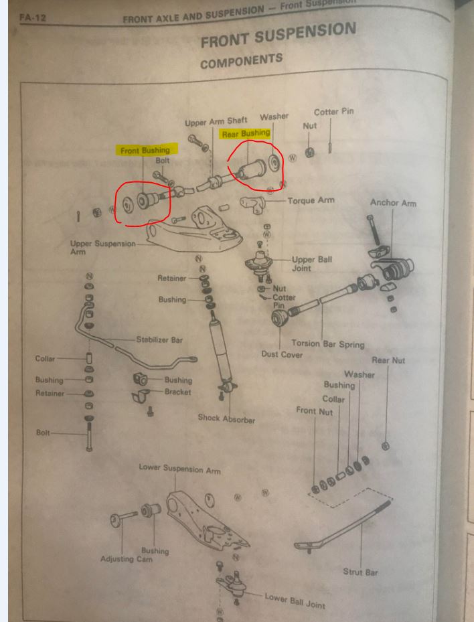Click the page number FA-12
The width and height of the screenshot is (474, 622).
[33, 17]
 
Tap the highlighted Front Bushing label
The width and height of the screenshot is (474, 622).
[145, 151]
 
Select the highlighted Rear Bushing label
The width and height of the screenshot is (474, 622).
[246, 134]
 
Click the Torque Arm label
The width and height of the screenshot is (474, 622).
[311, 201]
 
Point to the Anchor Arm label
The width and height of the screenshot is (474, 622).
[393, 203]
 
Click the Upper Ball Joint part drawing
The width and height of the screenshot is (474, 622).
[258, 263]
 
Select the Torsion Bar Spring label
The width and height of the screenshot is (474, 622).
[327, 343]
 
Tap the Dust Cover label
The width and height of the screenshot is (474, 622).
[282, 354]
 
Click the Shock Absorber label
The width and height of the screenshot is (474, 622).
[226, 418]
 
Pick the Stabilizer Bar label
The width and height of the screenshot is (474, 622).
[159, 339]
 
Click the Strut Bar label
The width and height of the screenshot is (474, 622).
[360, 572]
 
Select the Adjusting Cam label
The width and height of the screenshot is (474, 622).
[126, 559]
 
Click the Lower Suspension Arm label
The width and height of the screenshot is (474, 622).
[179, 469]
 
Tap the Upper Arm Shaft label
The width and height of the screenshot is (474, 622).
[216, 122]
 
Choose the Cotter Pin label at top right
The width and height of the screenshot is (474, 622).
[333, 112]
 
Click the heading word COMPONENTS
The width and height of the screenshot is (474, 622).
[241, 62]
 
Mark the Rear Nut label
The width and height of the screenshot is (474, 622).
[388, 360]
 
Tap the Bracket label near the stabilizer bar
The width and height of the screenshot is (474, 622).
[177, 392]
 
